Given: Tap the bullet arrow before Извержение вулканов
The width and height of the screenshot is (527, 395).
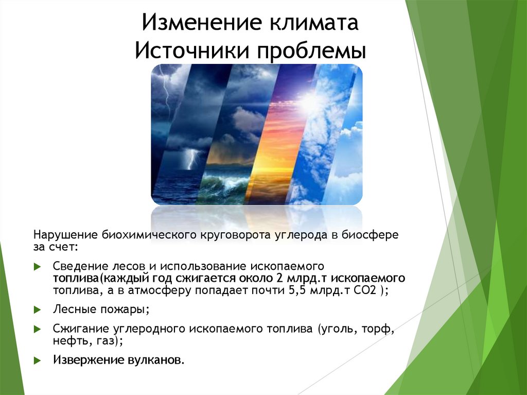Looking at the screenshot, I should pyautogui.click(x=37, y=360).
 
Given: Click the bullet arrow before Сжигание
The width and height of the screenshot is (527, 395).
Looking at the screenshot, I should pyautogui.click(x=37, y=329).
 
